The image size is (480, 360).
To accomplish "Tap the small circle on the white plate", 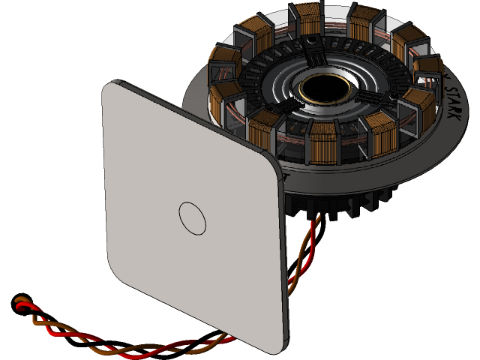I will [193, 217].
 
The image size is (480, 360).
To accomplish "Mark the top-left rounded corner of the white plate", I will [112, 90].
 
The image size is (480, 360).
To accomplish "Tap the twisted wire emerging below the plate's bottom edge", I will [180, 346].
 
